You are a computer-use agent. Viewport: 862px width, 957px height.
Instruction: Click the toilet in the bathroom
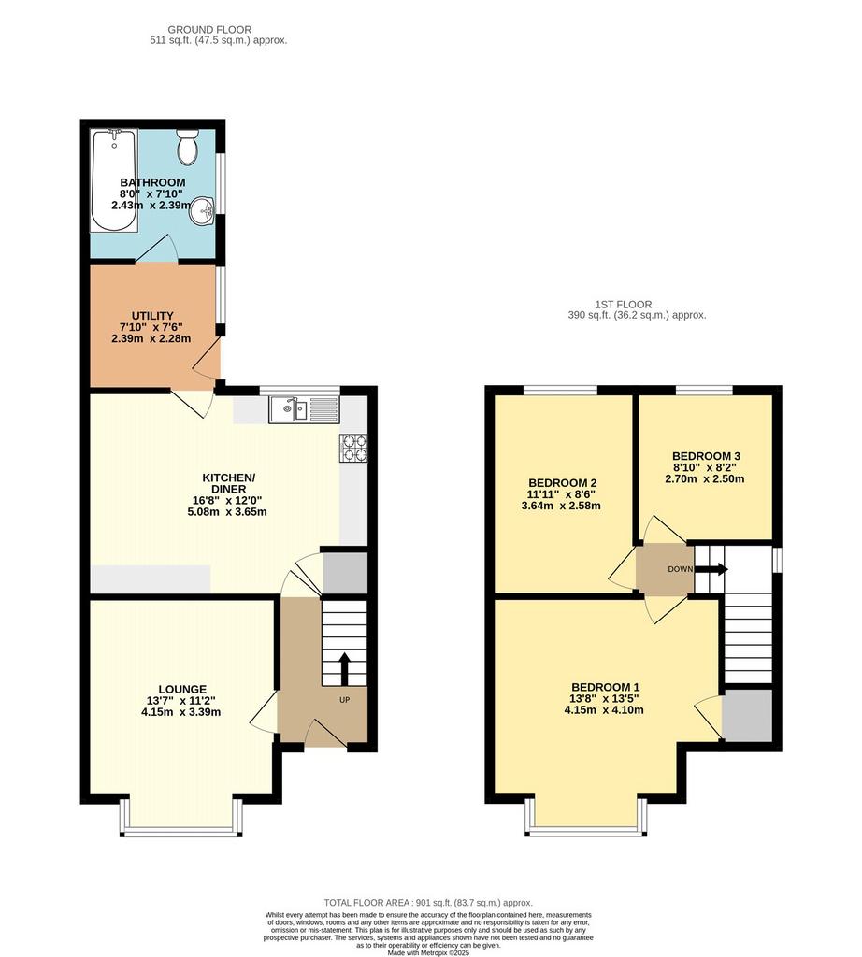click(x=187, y=147)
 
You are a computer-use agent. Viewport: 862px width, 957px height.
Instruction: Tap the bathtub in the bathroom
click(x=114, y=180)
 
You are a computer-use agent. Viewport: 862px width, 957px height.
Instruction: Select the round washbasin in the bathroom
click(x=203, y=211)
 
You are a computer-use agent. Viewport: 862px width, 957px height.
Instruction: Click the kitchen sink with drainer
click(x=304, y=409)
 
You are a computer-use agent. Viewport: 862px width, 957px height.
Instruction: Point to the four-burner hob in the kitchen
click(x=354, y=448)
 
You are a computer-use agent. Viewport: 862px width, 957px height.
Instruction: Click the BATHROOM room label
click(x=152, y=182)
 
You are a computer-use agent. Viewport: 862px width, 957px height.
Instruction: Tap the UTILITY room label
click(x=152, y=316)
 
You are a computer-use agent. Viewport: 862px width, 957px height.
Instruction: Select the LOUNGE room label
click(x=182, y=689)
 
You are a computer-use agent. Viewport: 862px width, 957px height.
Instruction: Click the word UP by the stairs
click(x=345, y=700)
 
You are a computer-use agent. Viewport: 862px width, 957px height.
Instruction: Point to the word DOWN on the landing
click(x=680, y=569)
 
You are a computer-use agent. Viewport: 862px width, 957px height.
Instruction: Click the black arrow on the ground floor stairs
click(x=344, y=669)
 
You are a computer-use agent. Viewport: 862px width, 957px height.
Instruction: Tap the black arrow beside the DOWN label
click(x=711, y=569)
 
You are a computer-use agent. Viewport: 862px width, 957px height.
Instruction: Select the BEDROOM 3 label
click(x=706, y=456)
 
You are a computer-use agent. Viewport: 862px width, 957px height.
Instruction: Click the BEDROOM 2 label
click(x=562, y=483)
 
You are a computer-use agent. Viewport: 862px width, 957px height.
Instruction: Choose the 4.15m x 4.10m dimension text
click(x=604, y=710)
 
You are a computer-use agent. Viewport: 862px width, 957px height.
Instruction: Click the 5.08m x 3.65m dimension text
click(x=227, y=511)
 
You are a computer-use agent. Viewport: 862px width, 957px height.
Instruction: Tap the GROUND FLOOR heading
click(x=209, y=29)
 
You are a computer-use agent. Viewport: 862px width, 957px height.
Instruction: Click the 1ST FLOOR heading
click(x=624, y=304)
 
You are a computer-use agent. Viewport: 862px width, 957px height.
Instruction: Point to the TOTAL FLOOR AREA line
click(x=428, y=902)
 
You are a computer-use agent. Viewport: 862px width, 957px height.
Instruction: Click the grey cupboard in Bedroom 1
click(x=747, y=715)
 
